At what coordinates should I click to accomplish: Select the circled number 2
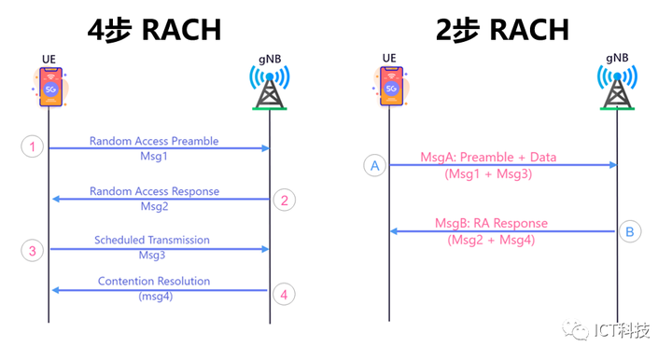pos(287,198)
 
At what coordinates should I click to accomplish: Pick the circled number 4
pos(287,294)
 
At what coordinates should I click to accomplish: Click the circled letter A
pos(375,166)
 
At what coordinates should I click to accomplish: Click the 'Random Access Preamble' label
pos(154,141)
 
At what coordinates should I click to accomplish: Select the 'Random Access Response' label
pos(154,191)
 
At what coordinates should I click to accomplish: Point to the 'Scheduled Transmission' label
pos(152,241)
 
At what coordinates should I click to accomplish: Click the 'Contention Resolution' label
pos(154,281)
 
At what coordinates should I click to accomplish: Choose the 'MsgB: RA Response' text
pos(492,224)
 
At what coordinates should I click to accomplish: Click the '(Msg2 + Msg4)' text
pos(492,241)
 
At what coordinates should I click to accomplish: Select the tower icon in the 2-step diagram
pos(616,89)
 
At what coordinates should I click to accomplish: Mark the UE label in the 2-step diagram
pos(389,60)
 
